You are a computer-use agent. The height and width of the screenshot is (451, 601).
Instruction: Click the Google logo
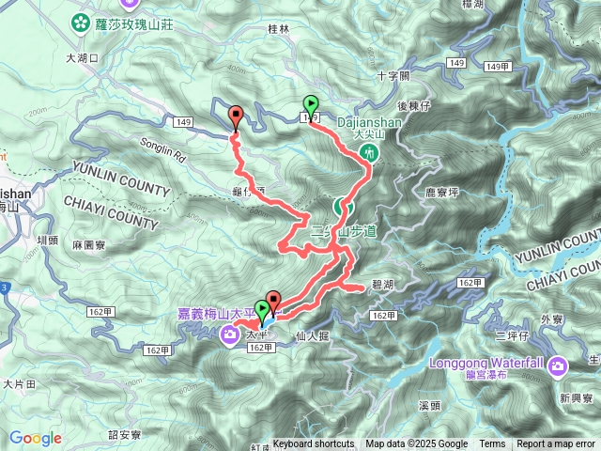[x=36, y=438]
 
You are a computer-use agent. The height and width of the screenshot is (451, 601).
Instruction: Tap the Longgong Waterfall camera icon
[x=559, y=365]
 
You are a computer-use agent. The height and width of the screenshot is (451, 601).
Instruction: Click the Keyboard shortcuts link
[x=314, y=444]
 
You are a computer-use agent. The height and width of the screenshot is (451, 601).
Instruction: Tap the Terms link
[x=492, y=444]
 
